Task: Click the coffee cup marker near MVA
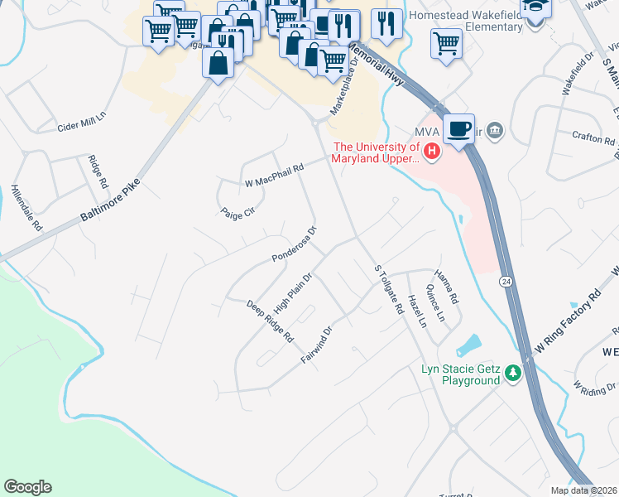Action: click(x=458, y=128)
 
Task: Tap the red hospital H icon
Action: click(x=431, y=151)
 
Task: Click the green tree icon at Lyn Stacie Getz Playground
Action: click(x=513, y=374)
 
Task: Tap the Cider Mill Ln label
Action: click(x=83, y=122)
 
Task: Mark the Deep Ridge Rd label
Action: click(x=271, y=321)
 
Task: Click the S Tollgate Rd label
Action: click(x=388, y=290)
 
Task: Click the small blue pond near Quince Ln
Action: click(x=468, y=345)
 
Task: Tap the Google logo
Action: click(x=27, y=487)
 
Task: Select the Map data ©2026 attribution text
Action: click(x=584, y=490)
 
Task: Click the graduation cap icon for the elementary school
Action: click(x=535, y=8)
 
